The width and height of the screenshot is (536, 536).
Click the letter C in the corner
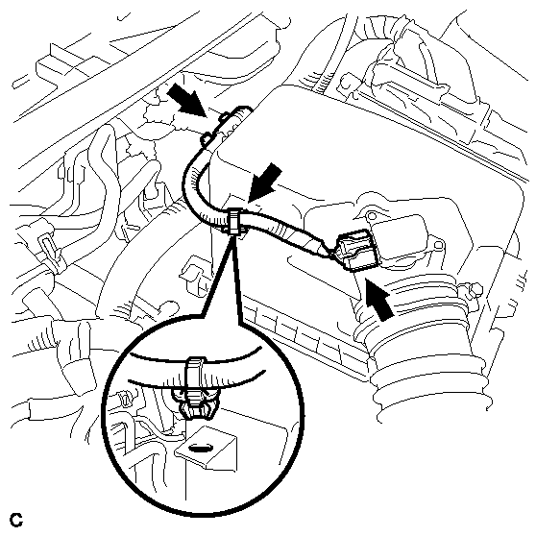[16, 520]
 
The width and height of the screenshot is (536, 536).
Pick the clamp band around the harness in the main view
[234, 223]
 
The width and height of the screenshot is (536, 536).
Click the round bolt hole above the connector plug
[370, 216]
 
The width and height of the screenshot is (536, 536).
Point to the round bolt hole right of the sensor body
[439, 244]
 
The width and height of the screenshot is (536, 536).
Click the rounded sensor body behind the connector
[401, 236]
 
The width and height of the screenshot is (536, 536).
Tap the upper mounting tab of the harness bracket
[224, 117]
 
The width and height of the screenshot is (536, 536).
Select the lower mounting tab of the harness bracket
[207, 139]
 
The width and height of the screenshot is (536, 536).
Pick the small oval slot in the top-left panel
[19, 85]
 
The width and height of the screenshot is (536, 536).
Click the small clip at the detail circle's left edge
[125, 399]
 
